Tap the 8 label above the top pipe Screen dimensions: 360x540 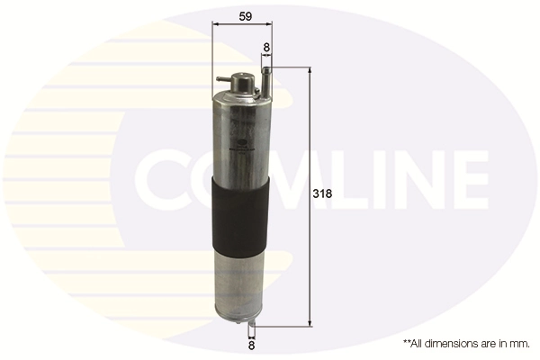point(266,47)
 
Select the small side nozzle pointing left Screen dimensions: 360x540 point(220,80)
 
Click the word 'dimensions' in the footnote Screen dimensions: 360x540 point(447,343)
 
